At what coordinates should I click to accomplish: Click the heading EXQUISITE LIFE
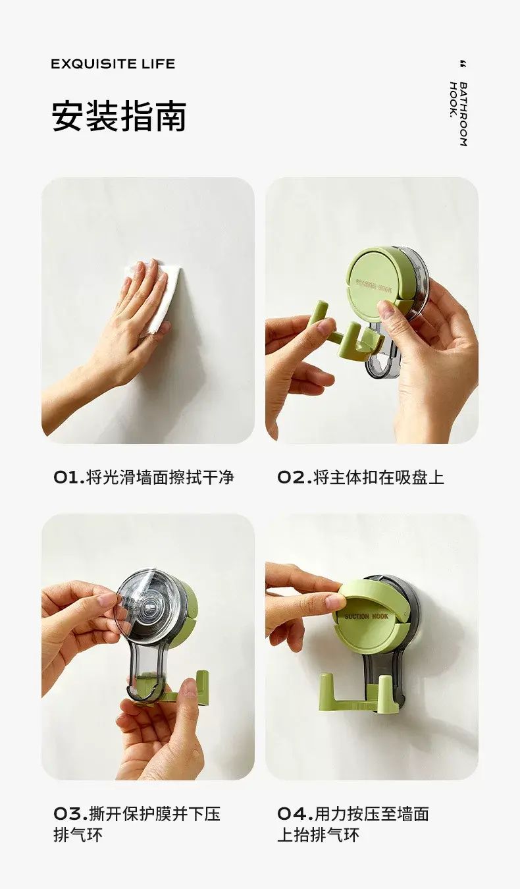coord(113,64)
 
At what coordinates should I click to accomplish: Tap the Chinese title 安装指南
coord(119,117)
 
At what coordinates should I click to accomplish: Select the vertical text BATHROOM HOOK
coord(458,115)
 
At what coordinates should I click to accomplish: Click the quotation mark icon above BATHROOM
coord(463,64)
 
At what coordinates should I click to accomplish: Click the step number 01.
coord(69,477)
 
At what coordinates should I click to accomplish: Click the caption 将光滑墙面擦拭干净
coord(160,477)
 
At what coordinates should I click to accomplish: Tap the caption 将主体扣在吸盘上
coord(378,477)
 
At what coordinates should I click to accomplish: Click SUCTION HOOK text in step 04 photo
coord(366,616)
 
